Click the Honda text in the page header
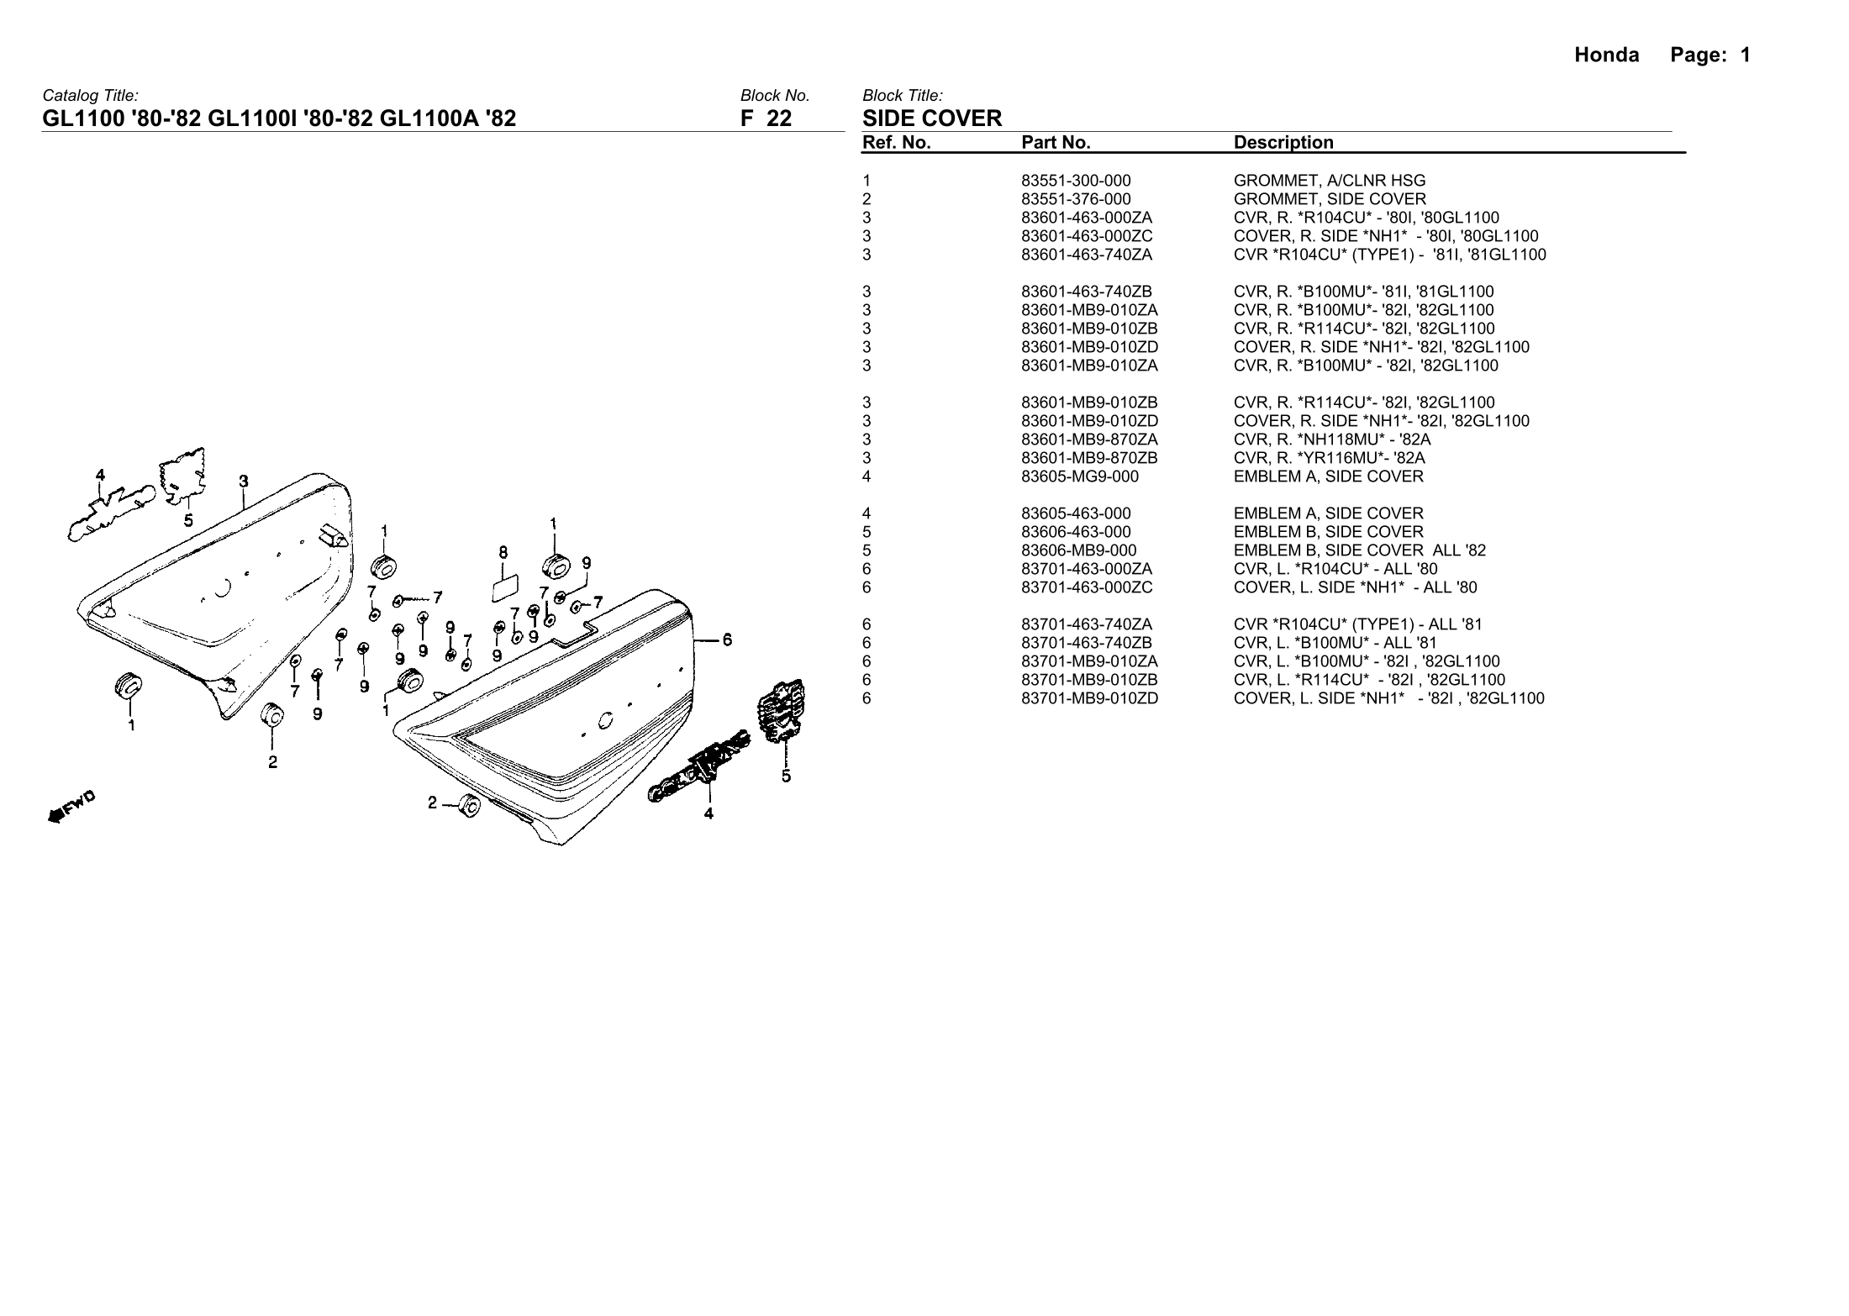pyautogui.click(x=1606, y=55)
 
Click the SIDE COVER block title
pyautogui.click(x=932, y=118)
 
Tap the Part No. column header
pyautogui.click(x=1056, y=143)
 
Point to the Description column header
pyautogui.click(x=1283, y=143)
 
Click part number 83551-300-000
pyautogui.click(x=1076, y=181)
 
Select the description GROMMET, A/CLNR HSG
pyautogui.click(x=1329, y=181)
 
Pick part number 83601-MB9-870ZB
pyautogui.click(x=1089, y=458)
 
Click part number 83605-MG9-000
pyautogui.click(x=1079, y=476)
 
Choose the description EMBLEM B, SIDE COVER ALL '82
pyautogui.click(x=1359, y=550)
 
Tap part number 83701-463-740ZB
pyautogui.click(x=1086, y=643)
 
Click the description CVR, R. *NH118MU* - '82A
pyautogui.click(x=1331, y=440)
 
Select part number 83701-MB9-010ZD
pyautogui.click(x=1089, y=698)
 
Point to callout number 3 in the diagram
pyautogui.click(x=244, y=482)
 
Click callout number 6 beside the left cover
pyautogui.click(x=727, y=640)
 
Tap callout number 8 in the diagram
pyautogui.click(x=503, y=552)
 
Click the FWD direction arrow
pyautogui.click(x=72, y=807)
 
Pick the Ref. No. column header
pyautogui.click(x=896, y=143)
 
